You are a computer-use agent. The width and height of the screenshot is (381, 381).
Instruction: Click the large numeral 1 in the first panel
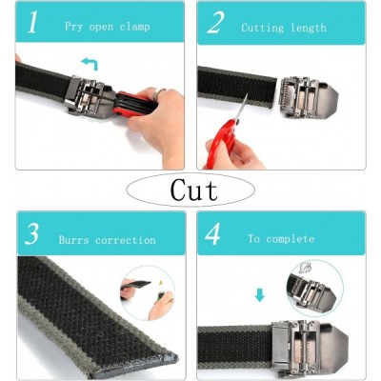32,22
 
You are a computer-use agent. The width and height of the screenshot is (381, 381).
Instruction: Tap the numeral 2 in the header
215,22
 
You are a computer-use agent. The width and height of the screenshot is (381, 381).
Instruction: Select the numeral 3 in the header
32,233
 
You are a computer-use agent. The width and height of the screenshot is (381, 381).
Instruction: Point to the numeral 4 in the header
212,234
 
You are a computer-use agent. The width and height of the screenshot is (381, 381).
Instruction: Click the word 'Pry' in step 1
73,27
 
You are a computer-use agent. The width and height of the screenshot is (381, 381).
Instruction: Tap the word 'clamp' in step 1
134,27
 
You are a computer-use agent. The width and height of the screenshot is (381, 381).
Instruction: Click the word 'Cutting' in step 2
263,28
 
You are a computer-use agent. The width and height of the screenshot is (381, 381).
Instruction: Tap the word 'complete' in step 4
291,239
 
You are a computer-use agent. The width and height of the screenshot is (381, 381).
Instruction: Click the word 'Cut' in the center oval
193,190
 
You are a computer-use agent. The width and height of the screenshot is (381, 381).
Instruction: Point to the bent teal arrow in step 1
90,64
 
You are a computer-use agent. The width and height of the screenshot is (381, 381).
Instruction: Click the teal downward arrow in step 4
260,295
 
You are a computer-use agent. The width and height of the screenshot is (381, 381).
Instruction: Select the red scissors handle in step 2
221,143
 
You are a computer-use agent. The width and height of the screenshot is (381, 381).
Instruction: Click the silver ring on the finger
158,93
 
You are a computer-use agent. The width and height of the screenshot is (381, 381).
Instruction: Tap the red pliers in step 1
133,103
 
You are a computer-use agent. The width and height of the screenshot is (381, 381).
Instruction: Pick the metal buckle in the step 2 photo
308,97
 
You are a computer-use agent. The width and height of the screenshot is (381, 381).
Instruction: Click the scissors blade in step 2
241,108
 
